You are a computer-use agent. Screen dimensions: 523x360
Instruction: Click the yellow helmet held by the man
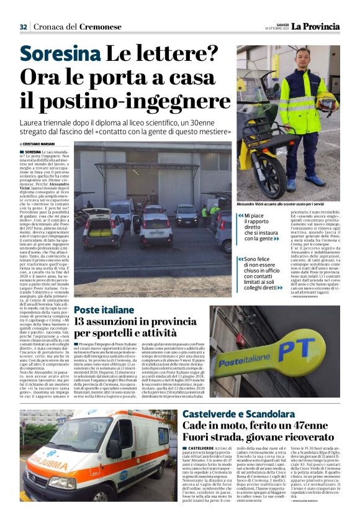pos(326,102)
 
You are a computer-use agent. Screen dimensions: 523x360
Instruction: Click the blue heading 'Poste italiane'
pos(104,311)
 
